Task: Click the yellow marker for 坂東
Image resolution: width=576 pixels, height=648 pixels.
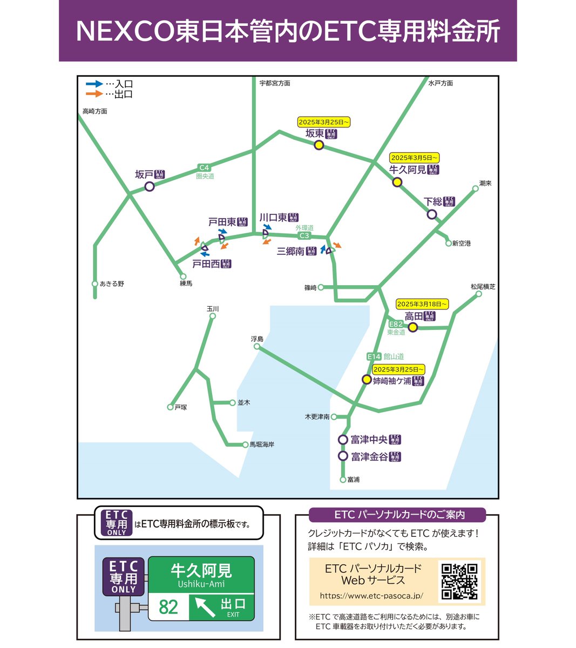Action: click(x=319, y=145)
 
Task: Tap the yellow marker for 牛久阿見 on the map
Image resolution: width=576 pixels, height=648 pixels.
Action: click(x=397, y=182)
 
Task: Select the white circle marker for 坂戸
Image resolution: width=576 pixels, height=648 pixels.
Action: click(x=150, y=186)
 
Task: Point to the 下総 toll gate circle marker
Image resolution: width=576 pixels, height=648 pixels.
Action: click(x=432, y=214)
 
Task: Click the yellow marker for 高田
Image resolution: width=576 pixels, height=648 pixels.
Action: click(x=413, y=327)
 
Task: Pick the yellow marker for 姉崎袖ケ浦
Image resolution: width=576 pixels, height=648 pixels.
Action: click(x=367, y=380)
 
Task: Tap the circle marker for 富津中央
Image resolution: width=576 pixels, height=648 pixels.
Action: click(x=343, y=440)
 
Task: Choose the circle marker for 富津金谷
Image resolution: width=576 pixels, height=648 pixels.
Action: click(x=343, y=456)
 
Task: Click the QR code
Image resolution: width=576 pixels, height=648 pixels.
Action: click(x=459, y=582)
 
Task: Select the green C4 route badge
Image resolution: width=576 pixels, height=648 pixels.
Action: click(x=204, y=167)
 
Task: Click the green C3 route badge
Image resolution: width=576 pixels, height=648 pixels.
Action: click(x=304, y=235)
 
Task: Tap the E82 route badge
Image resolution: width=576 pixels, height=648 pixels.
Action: click(x=396, y=324)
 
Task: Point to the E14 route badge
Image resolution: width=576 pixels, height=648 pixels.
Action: click(x=374, y=356)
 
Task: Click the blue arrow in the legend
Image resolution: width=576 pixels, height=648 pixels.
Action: click(x=94, y=84)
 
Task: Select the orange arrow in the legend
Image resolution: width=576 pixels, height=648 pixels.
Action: click(x=94, y=94)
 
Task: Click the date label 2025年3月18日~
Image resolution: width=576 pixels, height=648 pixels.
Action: click(x=423, y=305)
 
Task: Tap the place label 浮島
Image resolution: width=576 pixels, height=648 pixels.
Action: click(x=257, y=339)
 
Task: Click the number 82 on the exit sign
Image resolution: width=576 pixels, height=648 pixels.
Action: click(x=168, y=607)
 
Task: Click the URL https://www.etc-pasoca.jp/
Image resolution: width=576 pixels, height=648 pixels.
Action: click(x=371, y=596)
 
